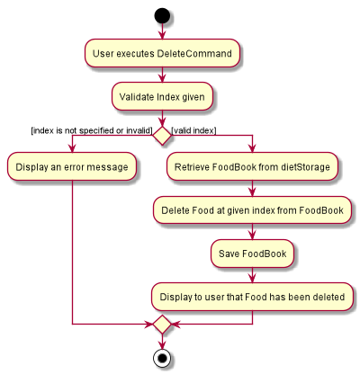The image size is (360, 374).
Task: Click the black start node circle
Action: (x=162, y=16)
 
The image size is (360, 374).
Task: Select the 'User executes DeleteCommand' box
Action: (x=162, y=53)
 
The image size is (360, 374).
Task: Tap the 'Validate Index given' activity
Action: (x=162, y=97)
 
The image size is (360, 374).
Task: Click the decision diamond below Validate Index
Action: (x=162, y=136)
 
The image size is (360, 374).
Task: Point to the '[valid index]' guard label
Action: (x=193, y=130)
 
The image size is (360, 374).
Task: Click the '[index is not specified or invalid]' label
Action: (x=92, y=130)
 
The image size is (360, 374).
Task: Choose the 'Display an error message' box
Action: (x=72, y=166)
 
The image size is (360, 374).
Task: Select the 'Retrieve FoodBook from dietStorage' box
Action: (x=252, y=166)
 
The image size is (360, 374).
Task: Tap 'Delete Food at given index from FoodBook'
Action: (x=252, y=210)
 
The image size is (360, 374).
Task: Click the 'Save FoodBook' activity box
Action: (x=252, y=254)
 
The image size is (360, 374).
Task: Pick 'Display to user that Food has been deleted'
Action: (x=252, y=297)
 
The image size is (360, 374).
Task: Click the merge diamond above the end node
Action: (x=162, y=325)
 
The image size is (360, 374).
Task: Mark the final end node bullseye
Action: (x=162, y=358)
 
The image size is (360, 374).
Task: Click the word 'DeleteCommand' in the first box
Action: (x=194, y=54)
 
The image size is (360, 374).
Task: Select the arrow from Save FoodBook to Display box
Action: (x=252, y=275)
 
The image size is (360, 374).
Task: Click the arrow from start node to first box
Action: (x=162, y=31)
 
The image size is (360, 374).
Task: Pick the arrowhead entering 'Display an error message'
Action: (x=72, y=148)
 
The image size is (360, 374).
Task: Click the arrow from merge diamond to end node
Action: (x=162, y=342)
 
